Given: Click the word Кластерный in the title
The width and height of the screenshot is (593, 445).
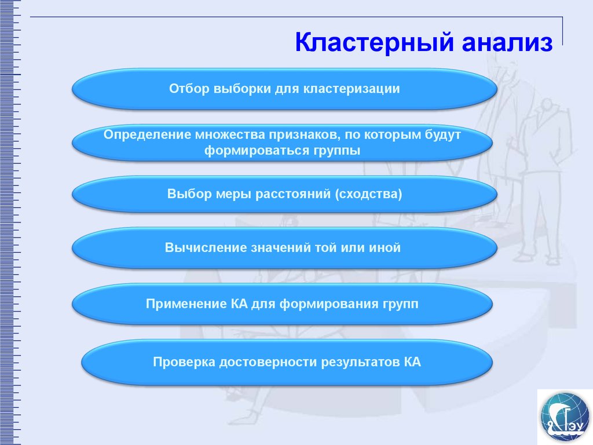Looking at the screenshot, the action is point(374,42).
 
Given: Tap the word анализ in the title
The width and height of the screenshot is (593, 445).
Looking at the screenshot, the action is point(507,43).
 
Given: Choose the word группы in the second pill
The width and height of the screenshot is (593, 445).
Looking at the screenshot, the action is point(337,151).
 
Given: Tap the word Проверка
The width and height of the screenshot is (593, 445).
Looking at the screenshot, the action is point(184,362).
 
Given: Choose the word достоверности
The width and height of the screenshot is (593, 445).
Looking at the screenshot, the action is point(269,362).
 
